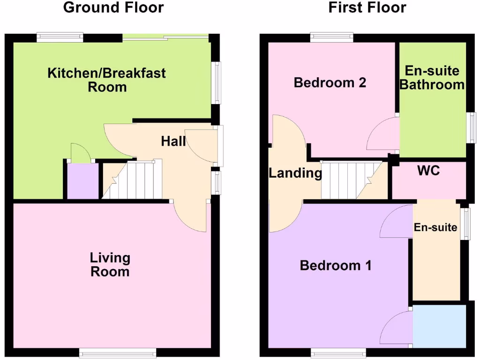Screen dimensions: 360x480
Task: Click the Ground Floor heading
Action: coord(113,8)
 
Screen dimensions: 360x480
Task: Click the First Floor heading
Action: coord(367,8)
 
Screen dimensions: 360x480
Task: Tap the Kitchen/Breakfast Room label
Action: coord(107,80)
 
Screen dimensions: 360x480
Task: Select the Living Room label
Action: coord(110,264)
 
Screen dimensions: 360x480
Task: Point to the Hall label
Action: coord(173,141)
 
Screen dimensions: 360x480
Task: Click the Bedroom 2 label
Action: coord(330,83)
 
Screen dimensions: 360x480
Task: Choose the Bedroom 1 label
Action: coord(336,266)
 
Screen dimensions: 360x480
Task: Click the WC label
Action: coord(428,171)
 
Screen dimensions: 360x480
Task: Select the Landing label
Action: coord(295,173)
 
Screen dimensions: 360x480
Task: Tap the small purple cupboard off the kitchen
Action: coord(82,181)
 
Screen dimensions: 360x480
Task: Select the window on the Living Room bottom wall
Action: coord(117,352)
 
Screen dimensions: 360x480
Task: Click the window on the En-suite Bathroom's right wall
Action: coord(472,127)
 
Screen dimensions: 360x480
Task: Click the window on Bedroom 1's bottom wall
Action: coord(338,352)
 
